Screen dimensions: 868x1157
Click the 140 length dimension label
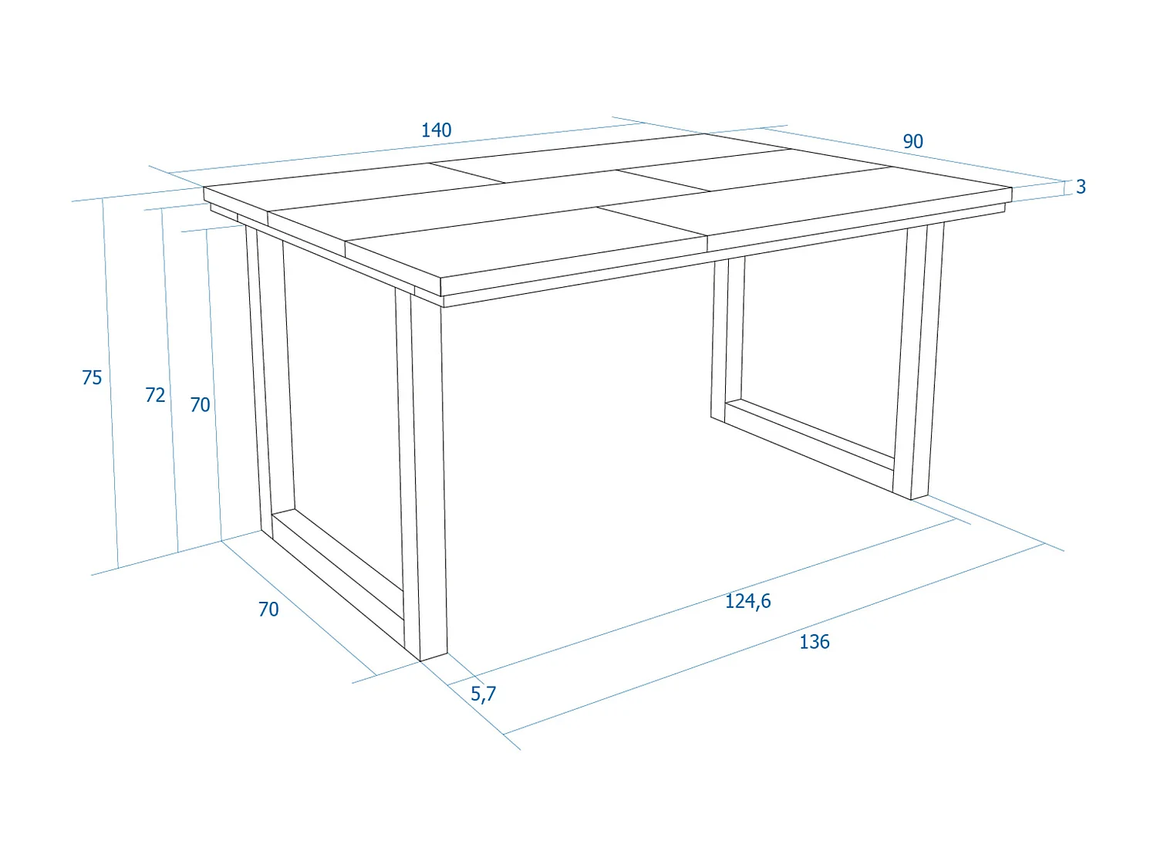coord(436,130)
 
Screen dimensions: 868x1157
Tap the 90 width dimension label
coord(912,142)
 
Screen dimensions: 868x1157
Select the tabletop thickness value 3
coord(1081,187)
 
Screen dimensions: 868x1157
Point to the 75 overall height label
coord(92,378)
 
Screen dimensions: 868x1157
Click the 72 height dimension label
coord(155,395)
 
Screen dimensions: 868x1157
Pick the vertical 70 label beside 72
coord(200,405)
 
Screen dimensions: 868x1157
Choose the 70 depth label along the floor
coord(268,610)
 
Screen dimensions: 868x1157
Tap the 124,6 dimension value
coord(747,601)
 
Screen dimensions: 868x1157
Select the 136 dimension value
coord(814,642)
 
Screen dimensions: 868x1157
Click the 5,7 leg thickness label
coord(483,694)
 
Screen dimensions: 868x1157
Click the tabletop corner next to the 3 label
coord(1011,188)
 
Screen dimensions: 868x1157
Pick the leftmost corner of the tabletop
coord(204,187)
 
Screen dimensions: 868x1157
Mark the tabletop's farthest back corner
coord(706,134)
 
